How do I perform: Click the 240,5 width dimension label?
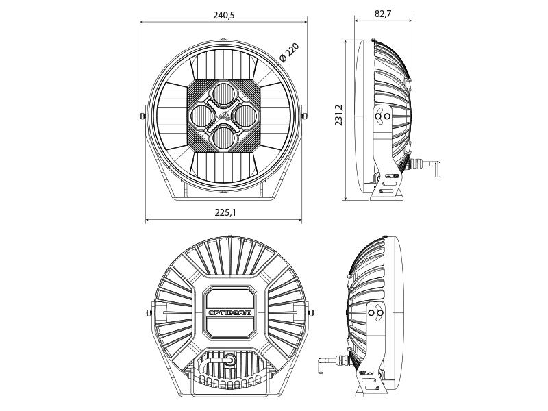coord(224,15)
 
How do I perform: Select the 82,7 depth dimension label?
coord(383,14)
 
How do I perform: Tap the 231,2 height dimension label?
coord(339,115)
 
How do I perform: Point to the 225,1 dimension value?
coord(225,212)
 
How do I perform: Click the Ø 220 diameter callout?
coord(289,53)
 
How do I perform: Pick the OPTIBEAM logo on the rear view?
coord(230,313)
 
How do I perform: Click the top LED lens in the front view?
coord(224,94)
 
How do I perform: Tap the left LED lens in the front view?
coord(202,116)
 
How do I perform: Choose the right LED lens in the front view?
coord(245,116)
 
